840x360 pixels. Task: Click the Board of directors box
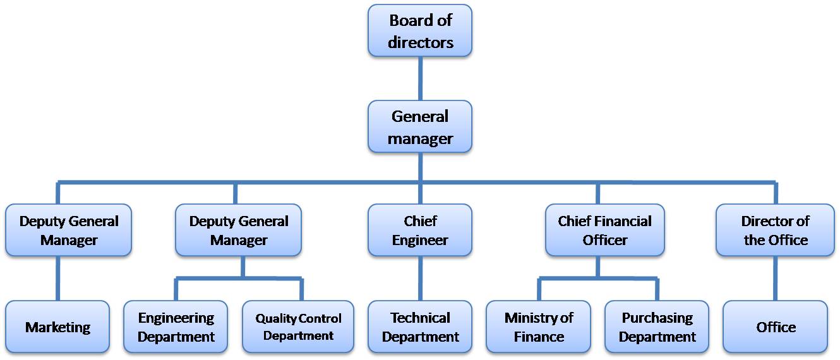[420, 31]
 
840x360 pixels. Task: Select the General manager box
[420, 126]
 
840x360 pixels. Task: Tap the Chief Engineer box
[420, 231]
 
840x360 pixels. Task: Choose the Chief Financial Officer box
[604, 231]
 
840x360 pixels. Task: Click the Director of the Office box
[775, 231]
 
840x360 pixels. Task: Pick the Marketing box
[57, 327]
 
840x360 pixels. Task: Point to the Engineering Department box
[176, 327]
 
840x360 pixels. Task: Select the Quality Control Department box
[298, 327]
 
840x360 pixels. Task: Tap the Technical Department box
[420, 327]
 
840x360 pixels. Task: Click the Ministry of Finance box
[539, 327]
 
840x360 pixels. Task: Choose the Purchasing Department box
[657, 327]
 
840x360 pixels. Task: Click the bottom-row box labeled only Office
[776, 327]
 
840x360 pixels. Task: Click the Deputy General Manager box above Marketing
[68, 231]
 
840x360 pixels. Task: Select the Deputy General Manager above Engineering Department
[238, 231]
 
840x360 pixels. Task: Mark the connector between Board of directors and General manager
[420, 78]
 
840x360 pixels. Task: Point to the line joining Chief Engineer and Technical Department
[420, 278]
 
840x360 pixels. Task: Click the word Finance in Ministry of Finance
[539, 337]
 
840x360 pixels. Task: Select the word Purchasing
[657, 318]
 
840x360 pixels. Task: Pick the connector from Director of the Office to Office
[776, 278]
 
